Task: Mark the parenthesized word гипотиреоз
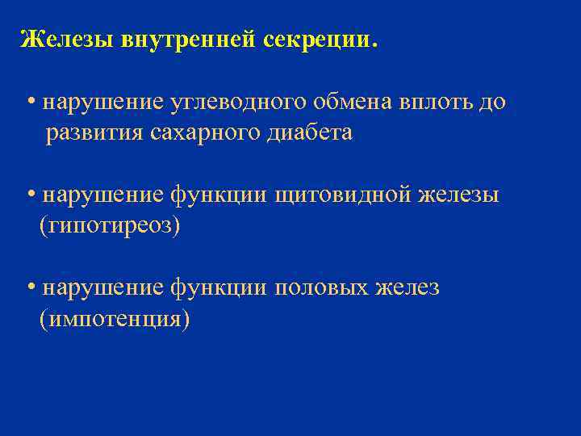(110, 225)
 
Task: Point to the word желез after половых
(408, 287)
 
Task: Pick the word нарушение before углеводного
(103, 103)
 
